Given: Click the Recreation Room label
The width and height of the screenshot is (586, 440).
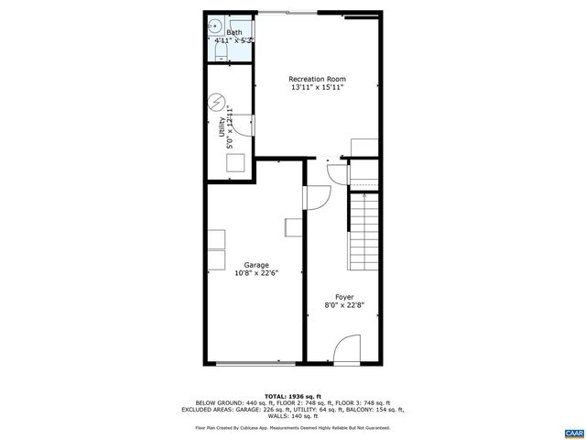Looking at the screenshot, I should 316,79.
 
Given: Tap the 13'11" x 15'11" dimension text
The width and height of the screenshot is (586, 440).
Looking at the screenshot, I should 316,88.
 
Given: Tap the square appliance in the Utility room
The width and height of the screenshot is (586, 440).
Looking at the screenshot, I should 236,163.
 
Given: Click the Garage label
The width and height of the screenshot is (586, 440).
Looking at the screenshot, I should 255,264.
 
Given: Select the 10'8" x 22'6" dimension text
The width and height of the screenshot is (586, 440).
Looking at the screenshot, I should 255,272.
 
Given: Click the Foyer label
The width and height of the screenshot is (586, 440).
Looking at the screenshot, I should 343,296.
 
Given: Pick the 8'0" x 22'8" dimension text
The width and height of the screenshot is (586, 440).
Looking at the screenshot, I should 343,305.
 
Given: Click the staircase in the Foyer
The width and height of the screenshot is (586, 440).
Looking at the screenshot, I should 364,225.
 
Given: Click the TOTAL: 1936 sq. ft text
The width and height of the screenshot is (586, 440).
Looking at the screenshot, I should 292,394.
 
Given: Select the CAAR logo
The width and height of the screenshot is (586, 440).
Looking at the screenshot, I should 573,431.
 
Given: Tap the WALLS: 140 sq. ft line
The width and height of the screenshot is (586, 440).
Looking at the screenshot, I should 292,415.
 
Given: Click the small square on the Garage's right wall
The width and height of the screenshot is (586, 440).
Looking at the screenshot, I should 295,225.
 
